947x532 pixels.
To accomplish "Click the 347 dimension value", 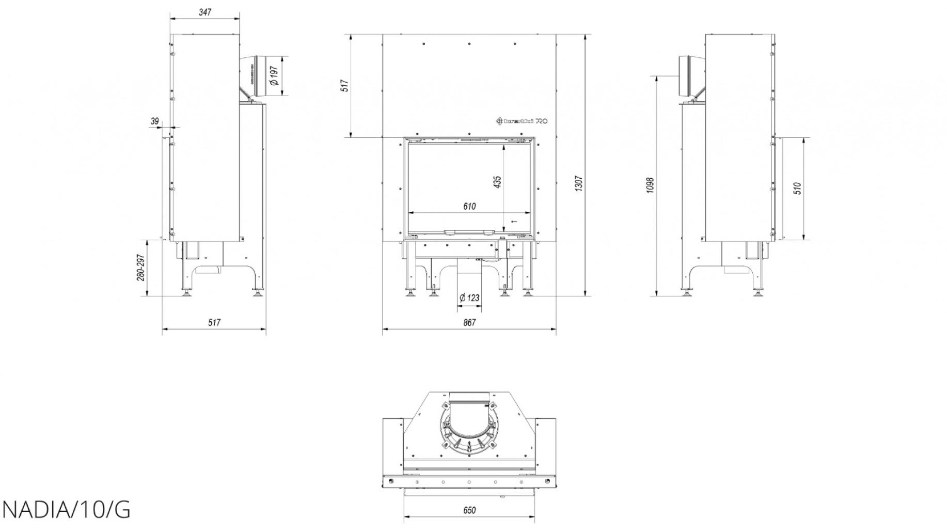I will (x=204, y=12).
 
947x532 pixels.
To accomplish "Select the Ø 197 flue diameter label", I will (x=274, y=76).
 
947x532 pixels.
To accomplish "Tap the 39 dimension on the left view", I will (x=154, y=121).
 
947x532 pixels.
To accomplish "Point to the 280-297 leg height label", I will (x=140, y=268).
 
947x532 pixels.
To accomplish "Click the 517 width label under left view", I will (x=214, y=323).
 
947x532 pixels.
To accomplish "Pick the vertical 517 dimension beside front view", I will (x=345, y=85).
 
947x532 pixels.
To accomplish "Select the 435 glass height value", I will (x=498, y=182).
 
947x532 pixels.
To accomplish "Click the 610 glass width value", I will (x=469, y=207).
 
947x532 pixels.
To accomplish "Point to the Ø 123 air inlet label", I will (x=469, y=298).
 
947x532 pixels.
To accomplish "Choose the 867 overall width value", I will (x=469, y=323).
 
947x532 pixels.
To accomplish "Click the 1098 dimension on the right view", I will (x=650, y=185).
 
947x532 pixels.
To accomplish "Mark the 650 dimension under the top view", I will (x=469, y=510).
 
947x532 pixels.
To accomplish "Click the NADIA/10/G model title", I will (x=66, y=510).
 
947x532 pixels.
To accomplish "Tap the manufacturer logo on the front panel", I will (x=522, y=121).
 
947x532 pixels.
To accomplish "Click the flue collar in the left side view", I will (x=257, y=76).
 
